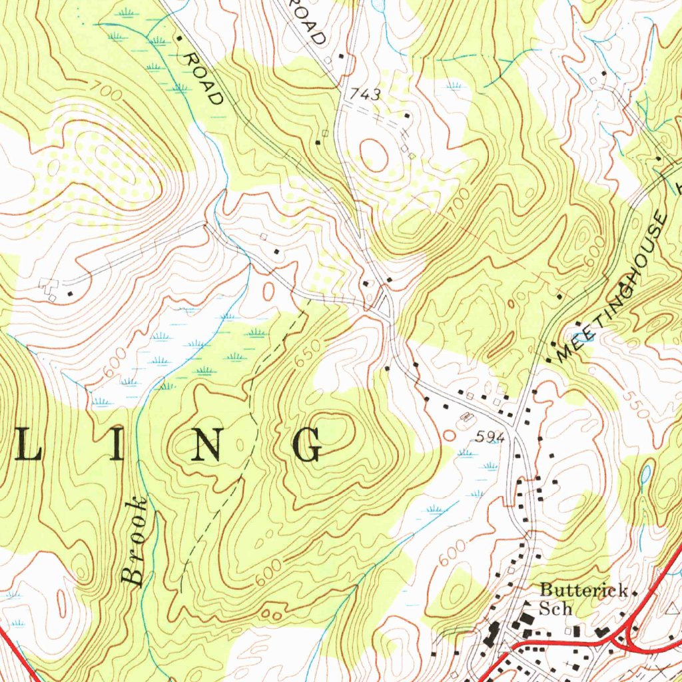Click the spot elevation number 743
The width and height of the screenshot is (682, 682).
pos(366,95)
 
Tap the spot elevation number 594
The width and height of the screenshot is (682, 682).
pos(491,438)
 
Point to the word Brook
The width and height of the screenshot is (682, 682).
pos(135,541)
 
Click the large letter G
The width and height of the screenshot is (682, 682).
pos(308,445)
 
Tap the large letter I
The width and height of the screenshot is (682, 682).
pos(117,445)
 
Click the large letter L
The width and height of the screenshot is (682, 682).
pos(29,445)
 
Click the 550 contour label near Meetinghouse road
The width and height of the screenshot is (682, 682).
pos(635,404)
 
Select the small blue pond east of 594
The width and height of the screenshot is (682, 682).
pos(645,475)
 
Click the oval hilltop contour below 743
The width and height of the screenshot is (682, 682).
pos(373,155)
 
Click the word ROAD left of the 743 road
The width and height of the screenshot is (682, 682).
pos(203,79)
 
